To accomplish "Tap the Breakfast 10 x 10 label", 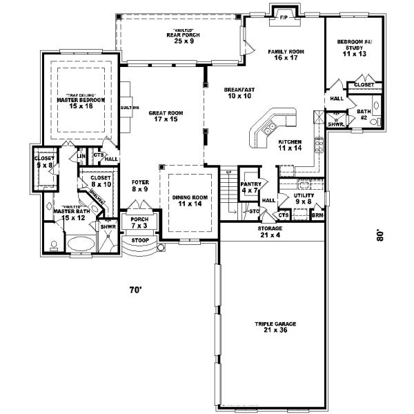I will click(239, 93).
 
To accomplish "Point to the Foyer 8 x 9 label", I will click(140, 185).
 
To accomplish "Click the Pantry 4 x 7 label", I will click(250, 186).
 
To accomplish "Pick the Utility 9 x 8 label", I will click(305, 199).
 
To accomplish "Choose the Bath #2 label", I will click(364, 114).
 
